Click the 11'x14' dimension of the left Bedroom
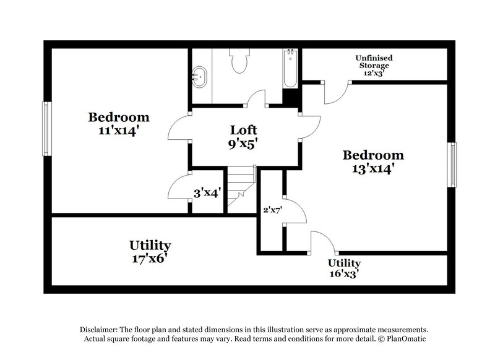119,131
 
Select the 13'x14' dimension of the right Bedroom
374,168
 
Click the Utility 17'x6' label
150,252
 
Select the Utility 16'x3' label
344,268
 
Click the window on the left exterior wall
46,129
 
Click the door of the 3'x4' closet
179,186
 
